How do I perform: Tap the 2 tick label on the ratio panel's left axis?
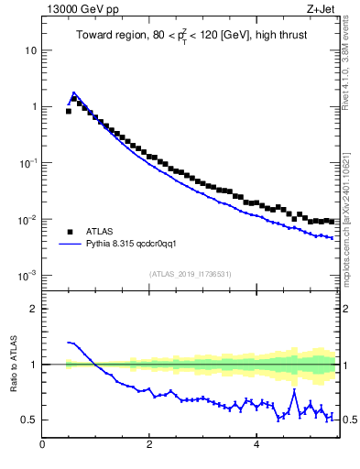[x=33, y=309]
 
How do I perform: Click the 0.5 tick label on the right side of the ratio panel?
[x=349, y=420]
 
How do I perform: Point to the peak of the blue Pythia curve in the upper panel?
[x=73, y=93]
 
